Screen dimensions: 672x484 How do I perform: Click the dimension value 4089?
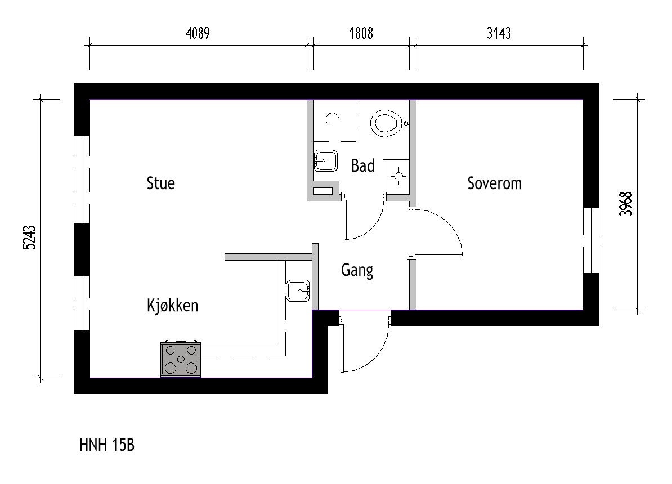coord(198,33)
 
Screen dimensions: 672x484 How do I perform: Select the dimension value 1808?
coord(361,33)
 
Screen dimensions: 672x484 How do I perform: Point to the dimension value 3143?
coord(499,33)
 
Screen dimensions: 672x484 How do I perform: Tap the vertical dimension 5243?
coord(30,237)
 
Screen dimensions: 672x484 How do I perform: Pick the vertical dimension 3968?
coord(626,204)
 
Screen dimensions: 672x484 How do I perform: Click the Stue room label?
coord(161,183)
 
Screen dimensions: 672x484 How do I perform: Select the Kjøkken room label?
coord(172,305)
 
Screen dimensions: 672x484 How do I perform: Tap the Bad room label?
coord(362,165)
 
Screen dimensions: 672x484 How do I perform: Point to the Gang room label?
coord(357,271)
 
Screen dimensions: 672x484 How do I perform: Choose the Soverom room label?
coord(495,183)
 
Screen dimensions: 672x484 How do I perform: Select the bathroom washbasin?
coord(325,161)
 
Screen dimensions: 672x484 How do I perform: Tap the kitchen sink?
coord(298,290)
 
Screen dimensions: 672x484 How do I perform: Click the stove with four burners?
coord(181,359)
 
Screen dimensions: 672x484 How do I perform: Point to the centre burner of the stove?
coord(181,359)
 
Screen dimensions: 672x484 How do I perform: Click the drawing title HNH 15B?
coord(107,445)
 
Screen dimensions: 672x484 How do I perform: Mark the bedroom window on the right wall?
coord(591,240)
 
